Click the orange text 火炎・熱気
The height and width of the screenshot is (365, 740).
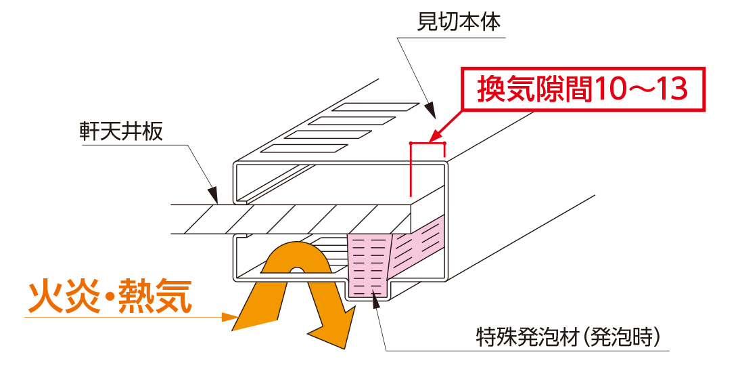point(108,295)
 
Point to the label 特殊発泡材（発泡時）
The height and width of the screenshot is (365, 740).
point(568,336)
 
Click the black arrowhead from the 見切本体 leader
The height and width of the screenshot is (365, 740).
point(430,109)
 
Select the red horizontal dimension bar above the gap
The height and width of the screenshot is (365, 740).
point(427,143)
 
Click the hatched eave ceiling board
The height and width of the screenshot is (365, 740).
point(291,219)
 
